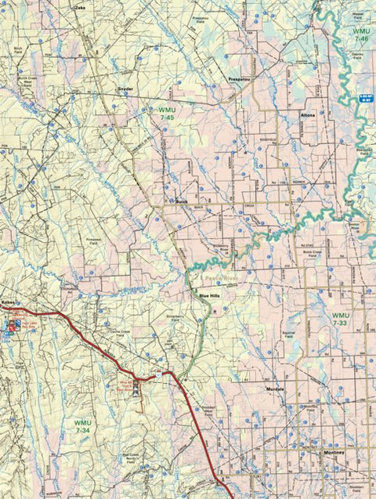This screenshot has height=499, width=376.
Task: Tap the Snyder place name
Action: point(126,89)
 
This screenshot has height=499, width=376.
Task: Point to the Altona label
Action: point(307,115)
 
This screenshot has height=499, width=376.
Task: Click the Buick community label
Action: point(182,201)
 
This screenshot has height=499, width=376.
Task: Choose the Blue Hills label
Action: point(211,295)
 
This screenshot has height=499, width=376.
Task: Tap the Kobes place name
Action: point(9,302)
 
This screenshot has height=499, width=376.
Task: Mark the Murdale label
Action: point(275,389)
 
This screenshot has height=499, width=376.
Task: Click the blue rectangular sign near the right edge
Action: point(364,96)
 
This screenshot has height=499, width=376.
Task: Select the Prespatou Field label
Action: point(201,19)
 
